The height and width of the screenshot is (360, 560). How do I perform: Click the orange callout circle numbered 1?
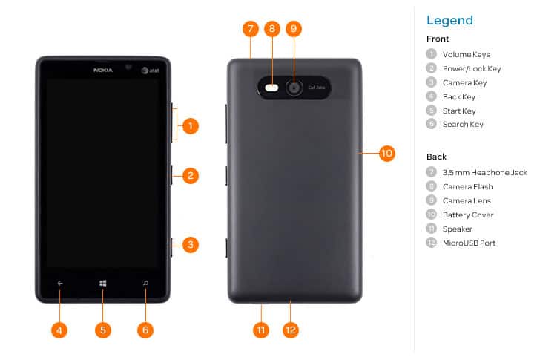click(191, 125)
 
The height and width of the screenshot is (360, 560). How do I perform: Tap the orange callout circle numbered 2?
click(191, 176)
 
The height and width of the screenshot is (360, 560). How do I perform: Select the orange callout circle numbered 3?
click(191, 244)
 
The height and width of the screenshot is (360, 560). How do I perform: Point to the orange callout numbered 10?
click(386, 154)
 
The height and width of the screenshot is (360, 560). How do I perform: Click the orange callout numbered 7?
click(251, 29)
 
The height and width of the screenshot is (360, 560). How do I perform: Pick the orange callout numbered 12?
click(291, 330)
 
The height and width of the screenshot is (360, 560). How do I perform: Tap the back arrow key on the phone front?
click(61, 283)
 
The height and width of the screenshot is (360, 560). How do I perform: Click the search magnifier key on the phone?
click(145, 283)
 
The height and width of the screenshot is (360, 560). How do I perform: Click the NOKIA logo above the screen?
click(103, 70)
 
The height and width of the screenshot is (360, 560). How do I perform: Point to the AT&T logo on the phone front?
click(149, 71)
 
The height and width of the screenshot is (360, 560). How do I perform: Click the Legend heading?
click(449, 20)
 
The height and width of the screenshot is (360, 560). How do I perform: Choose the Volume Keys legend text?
click(466, 54)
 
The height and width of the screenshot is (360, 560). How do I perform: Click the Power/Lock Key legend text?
click(472, 68)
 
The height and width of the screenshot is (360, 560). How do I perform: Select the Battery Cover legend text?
click(468, 215)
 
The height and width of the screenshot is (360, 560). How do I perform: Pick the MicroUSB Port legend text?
click(469, 243)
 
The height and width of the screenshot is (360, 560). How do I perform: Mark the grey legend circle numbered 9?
click(431, 200)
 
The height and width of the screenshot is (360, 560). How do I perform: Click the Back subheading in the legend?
click(436, 157)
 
